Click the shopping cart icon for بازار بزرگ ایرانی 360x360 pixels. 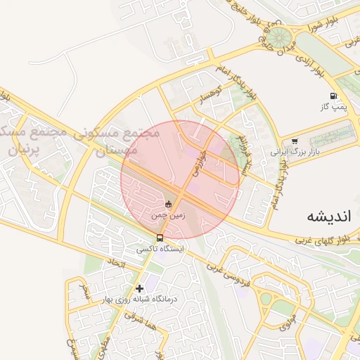pyautogui.click(x=294, y=141)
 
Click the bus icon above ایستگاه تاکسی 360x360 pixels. pyautogui.click(x=160, y=238)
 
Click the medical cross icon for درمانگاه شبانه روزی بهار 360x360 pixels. pyautogui.click(x=140, y=288)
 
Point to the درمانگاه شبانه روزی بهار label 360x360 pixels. pyautogui.click(x=141, y=299)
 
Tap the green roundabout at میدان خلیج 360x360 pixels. pyautogui.click(x=281, y=37)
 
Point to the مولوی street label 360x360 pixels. pyautogui.click(x=288, y=324)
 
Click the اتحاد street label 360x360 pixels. pyautogui.click(x=115, y=266)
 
